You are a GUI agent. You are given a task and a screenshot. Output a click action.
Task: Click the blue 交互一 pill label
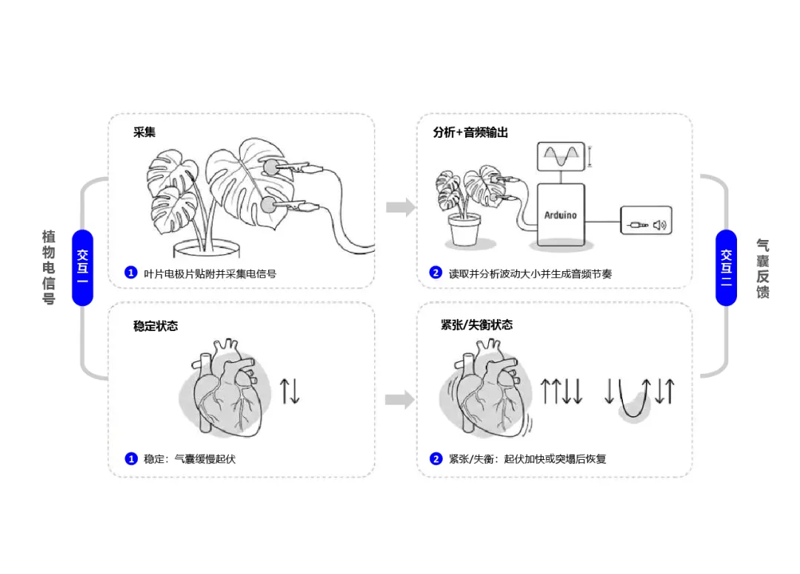point(82,267)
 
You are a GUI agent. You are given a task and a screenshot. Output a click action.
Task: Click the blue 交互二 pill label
point(726,267)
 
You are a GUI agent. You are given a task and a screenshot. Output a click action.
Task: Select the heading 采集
point(144,133)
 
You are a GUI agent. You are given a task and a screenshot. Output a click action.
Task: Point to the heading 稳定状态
point(156,326)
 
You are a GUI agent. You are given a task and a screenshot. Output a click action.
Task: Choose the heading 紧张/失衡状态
point(476,325)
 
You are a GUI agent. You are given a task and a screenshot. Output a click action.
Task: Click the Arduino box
point(561,215)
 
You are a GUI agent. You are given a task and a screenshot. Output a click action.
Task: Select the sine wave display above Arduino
point(560,157)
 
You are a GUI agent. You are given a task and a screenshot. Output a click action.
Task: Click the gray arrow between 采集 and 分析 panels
point(401,207)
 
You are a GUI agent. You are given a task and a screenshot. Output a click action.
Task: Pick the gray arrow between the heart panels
point(401,401)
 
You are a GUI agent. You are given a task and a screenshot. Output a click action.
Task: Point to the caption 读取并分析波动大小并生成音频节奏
point(530,273)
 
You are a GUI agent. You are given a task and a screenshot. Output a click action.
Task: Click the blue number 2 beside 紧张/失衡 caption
point(436,459)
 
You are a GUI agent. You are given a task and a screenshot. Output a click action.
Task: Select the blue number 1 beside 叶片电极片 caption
point(131,273)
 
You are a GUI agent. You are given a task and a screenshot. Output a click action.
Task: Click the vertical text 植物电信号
point(49,267)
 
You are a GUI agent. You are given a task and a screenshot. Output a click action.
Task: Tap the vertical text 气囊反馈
point(763,267)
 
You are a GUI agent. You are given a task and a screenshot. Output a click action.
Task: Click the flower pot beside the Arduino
point(464,230)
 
